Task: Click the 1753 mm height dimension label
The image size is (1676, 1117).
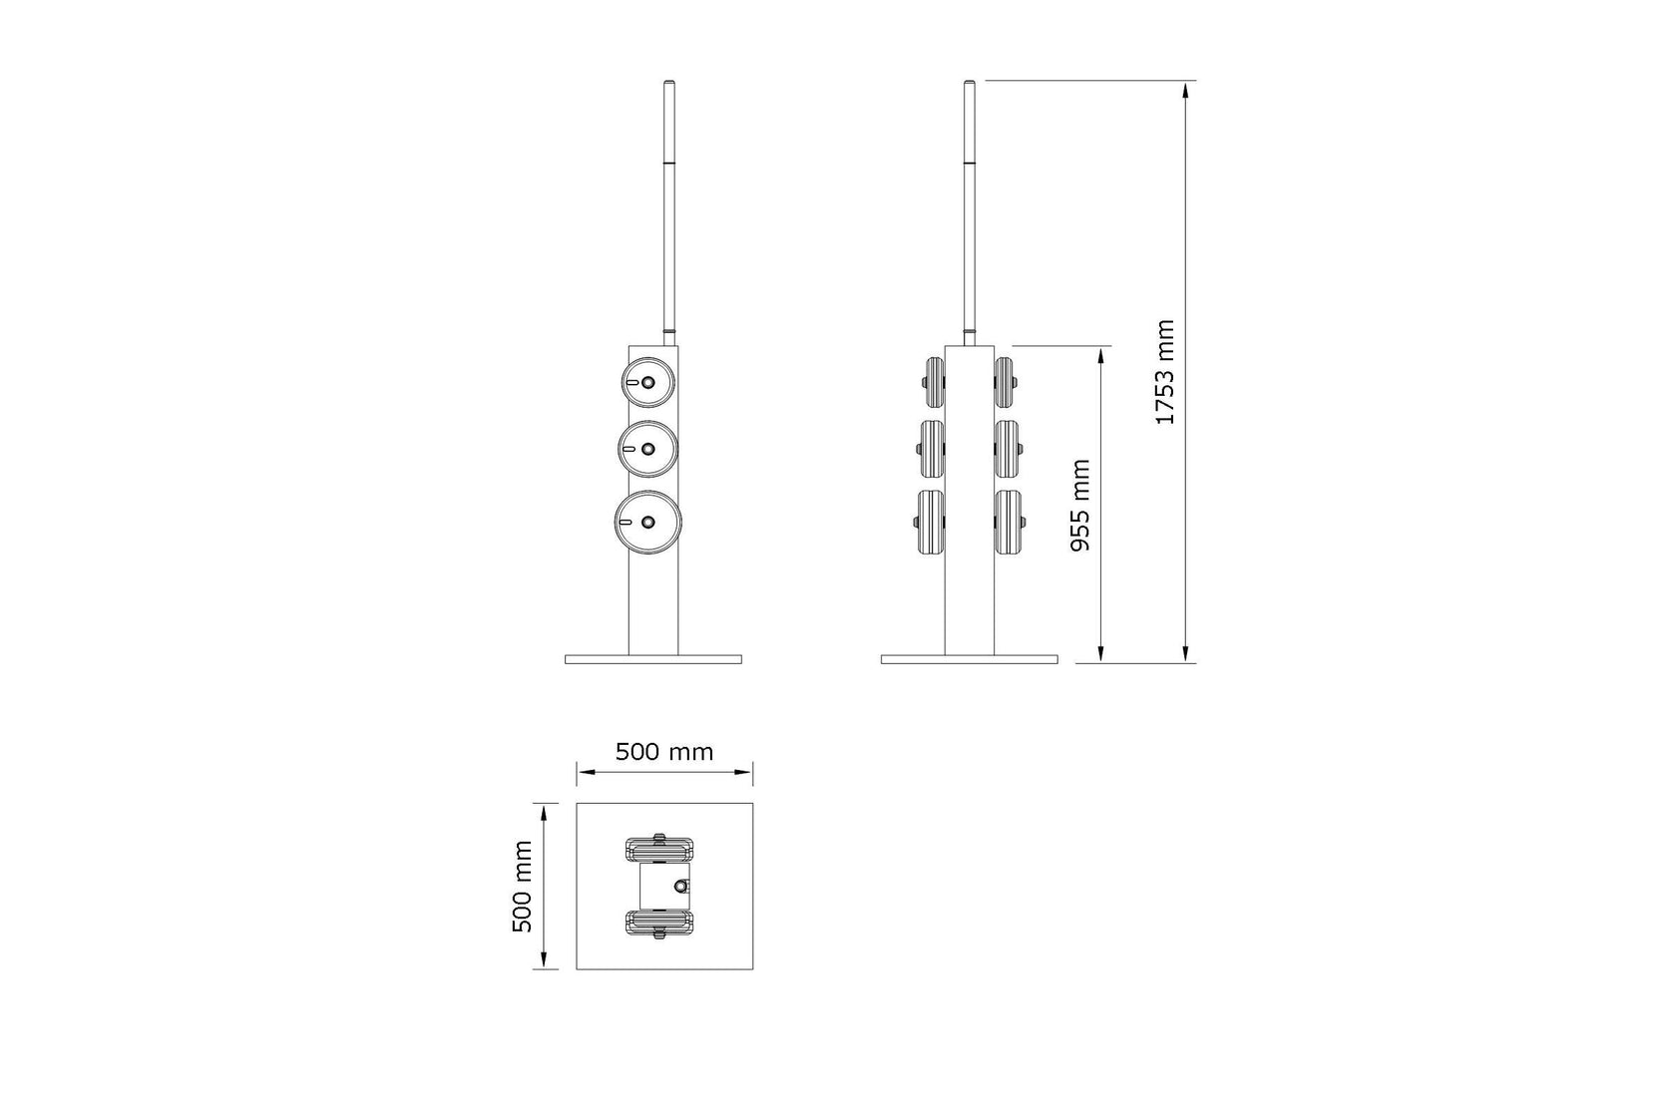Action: (x=1165, y=372)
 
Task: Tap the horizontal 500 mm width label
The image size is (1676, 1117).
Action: (x=664, y=751)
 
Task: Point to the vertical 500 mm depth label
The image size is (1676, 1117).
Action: (x=522, y=887)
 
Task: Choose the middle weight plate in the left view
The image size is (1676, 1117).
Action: (x=648, y=449)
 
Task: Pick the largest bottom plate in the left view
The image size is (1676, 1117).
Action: (x=648, y=523)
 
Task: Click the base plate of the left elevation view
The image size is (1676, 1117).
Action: (x=653, y=659)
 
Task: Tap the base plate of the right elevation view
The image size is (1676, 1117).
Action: (x=970, y=659)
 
